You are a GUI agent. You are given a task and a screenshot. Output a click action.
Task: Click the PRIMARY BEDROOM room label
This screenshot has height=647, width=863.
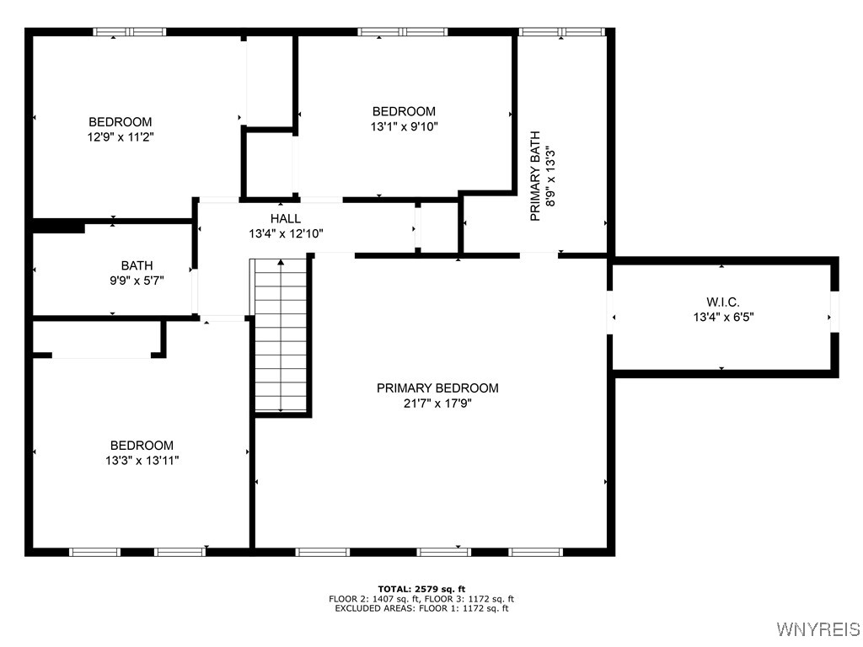(437, 388)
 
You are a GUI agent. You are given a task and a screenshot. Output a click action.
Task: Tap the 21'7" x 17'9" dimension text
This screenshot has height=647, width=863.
(437, 403)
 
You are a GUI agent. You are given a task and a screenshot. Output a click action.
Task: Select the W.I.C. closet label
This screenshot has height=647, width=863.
(722, 302)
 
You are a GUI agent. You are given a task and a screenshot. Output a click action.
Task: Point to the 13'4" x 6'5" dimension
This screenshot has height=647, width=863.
(722, 317)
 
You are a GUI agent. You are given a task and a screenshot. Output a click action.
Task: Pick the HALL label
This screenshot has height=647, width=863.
(286, 218)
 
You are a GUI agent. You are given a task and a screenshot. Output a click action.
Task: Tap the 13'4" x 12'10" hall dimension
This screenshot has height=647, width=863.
(286, 233)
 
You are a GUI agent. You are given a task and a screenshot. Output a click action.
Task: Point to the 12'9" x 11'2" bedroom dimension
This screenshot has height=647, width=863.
(121, 136)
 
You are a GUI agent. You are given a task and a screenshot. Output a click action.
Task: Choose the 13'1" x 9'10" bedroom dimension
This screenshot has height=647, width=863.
(404, 126)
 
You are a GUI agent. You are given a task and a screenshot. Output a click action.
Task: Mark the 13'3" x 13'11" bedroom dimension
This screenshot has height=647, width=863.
(142, 460)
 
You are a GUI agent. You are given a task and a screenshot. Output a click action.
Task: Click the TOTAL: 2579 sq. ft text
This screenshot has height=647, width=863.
(421, 589)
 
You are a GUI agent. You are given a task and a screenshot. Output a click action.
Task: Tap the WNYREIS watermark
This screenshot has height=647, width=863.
(817, 629)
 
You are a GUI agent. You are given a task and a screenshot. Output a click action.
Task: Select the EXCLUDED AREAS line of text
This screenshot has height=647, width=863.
(421, 608)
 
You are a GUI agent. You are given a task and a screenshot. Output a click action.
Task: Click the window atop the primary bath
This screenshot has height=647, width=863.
(562, 32)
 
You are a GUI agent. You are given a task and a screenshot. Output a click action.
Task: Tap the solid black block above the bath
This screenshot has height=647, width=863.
(58, 226)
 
